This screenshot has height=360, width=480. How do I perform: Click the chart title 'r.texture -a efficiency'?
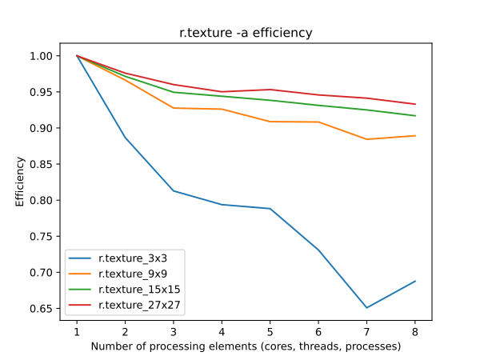(246, 33)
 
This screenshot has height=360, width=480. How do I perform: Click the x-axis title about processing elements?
(246, 346)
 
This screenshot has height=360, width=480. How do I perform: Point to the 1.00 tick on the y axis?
(41, 56)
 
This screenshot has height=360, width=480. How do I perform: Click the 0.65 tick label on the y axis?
(41, 309)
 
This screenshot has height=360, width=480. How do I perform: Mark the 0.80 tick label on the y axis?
(41, 201)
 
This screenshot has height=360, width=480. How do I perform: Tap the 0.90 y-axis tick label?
(41, 128)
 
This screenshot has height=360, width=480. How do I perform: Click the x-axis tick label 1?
(77, 330)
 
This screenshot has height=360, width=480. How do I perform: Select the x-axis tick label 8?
(414, 330)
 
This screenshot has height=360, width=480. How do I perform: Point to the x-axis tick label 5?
(270, 330)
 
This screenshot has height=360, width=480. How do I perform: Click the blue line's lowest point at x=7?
(366, 308)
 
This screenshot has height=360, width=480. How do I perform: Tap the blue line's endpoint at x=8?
(414, 281)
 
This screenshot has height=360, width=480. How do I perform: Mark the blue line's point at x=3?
(174, 191)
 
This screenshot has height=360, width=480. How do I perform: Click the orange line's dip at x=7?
(366, 139)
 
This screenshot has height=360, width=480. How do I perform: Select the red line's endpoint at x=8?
(414, 104)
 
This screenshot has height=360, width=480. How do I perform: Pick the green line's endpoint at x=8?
(414, 116)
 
